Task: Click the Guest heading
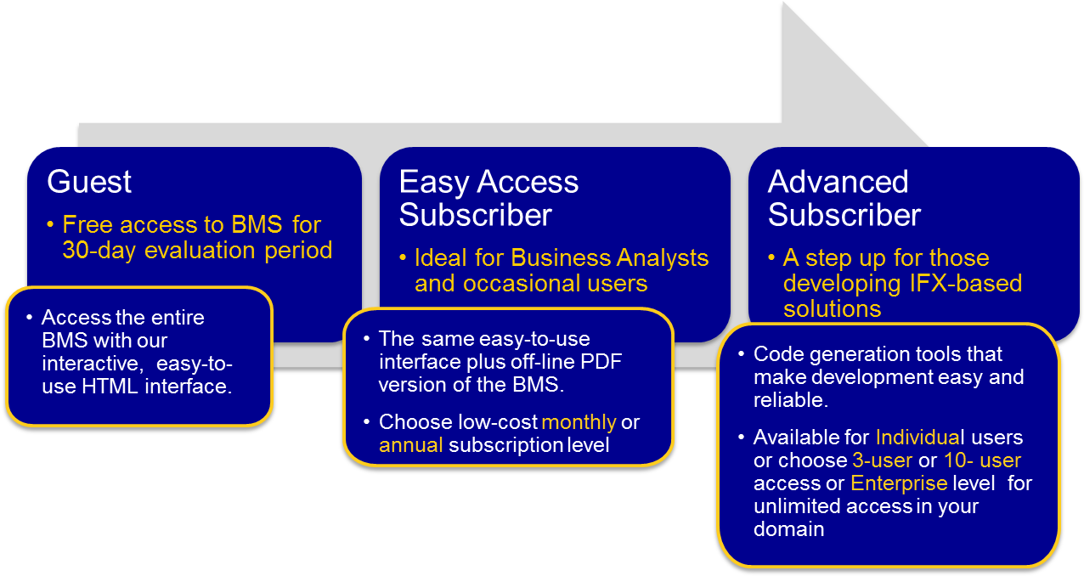click(90, 182)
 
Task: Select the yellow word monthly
click(579, 422)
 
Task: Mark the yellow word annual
click(411, 445)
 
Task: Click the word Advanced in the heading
click(838, 182)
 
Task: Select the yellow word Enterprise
click(899, 483)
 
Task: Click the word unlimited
click(788, 506)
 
